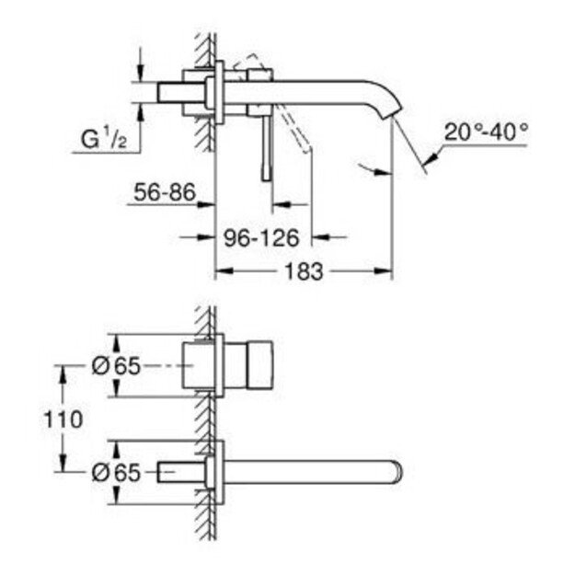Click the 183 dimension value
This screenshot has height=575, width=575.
click(x=304, y=271)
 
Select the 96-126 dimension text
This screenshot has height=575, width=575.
click(x=262, y=238)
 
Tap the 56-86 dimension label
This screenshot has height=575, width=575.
click(x=165, y=192)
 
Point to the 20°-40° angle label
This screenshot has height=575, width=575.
click(x=487, y=132)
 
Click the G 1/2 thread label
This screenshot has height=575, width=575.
click(x=104, y=139)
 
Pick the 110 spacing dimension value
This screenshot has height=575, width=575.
click(x=63, y=420)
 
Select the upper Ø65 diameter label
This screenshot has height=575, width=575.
click(x=116, y=366)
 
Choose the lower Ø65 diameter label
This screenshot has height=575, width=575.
click(x=116, y=472)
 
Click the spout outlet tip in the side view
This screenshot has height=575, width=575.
click(x=392, y=112)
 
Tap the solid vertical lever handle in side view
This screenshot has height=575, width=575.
click(x=267, y=146)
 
